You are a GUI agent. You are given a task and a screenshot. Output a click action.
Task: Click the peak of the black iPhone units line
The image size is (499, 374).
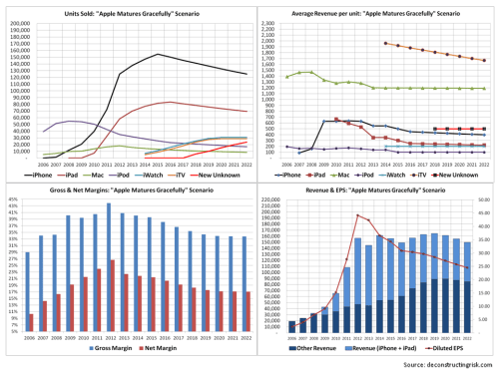157,54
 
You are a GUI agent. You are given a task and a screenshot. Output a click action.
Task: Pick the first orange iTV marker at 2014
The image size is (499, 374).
385,43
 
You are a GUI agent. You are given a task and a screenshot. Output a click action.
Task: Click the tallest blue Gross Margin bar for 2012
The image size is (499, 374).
108,203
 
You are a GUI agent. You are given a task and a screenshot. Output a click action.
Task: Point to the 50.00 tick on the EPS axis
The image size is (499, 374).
484,200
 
